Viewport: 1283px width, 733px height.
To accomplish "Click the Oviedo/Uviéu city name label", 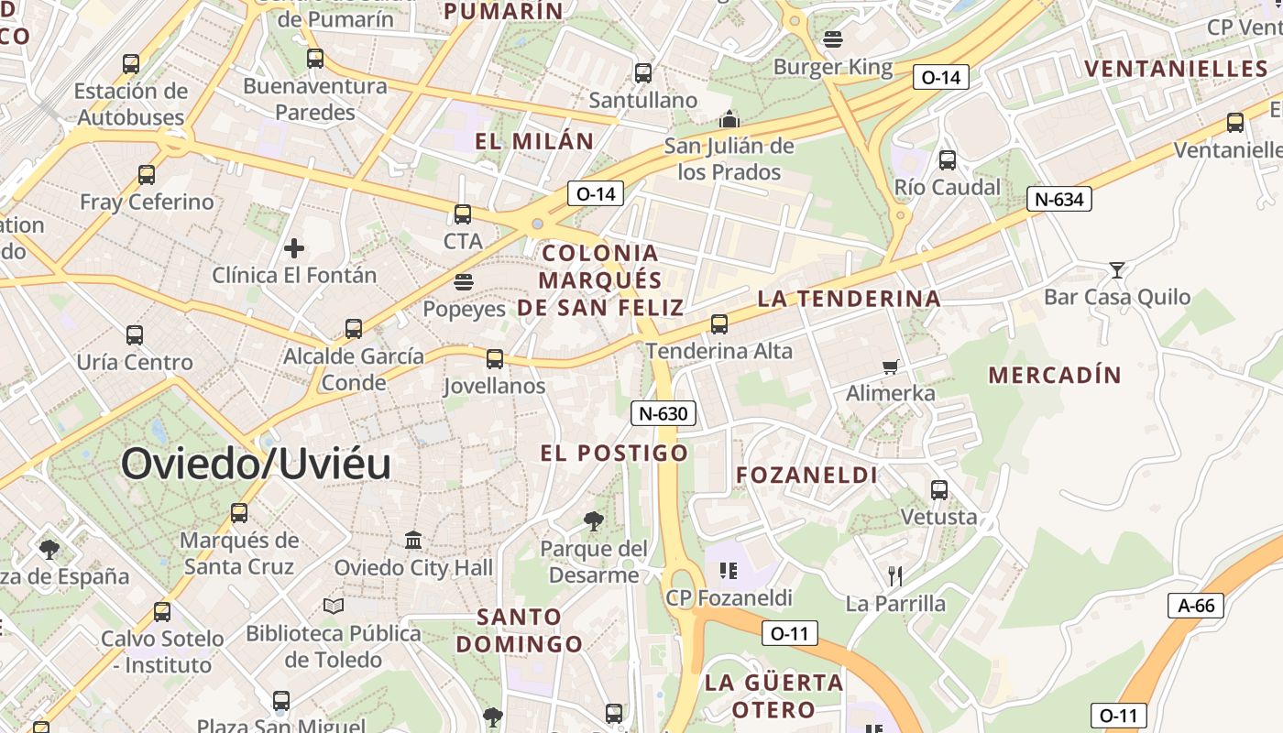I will coord(256,464).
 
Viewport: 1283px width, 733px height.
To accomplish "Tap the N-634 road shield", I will coord(1058,199).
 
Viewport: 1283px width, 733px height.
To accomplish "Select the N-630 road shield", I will coord(663,413).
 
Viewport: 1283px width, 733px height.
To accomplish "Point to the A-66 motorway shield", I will coord(1196,605).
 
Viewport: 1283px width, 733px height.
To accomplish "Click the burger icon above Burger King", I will coord(833,39).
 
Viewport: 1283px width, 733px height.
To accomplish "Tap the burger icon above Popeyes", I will coord(464,281).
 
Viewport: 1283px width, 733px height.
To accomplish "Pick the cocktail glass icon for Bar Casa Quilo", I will coord(1116,269).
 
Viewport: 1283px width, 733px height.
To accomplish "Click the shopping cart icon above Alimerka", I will coord(890,366).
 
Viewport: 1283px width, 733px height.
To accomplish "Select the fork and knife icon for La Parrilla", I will coord(895,575).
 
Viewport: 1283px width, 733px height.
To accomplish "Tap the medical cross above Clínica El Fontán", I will coord(294,247).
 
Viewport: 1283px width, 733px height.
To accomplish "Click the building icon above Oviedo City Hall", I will coord(413,540).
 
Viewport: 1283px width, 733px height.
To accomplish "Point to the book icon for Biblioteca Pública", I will coord(334,606).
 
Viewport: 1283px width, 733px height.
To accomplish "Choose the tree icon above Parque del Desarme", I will coord(593,521).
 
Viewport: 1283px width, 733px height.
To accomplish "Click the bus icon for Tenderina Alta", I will coord(719,323).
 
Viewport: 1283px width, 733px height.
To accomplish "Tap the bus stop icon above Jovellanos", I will coord(495,358).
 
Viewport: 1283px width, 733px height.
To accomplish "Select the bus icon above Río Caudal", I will coord(948,160).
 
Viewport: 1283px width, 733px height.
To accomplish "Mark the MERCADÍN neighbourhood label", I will coord(1055,375).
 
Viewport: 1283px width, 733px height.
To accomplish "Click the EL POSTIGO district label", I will coord(614,453).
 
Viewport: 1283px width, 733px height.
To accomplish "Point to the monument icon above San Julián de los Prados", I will coord(729,119).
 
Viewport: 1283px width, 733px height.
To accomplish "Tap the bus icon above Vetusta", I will coord(939,489).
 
